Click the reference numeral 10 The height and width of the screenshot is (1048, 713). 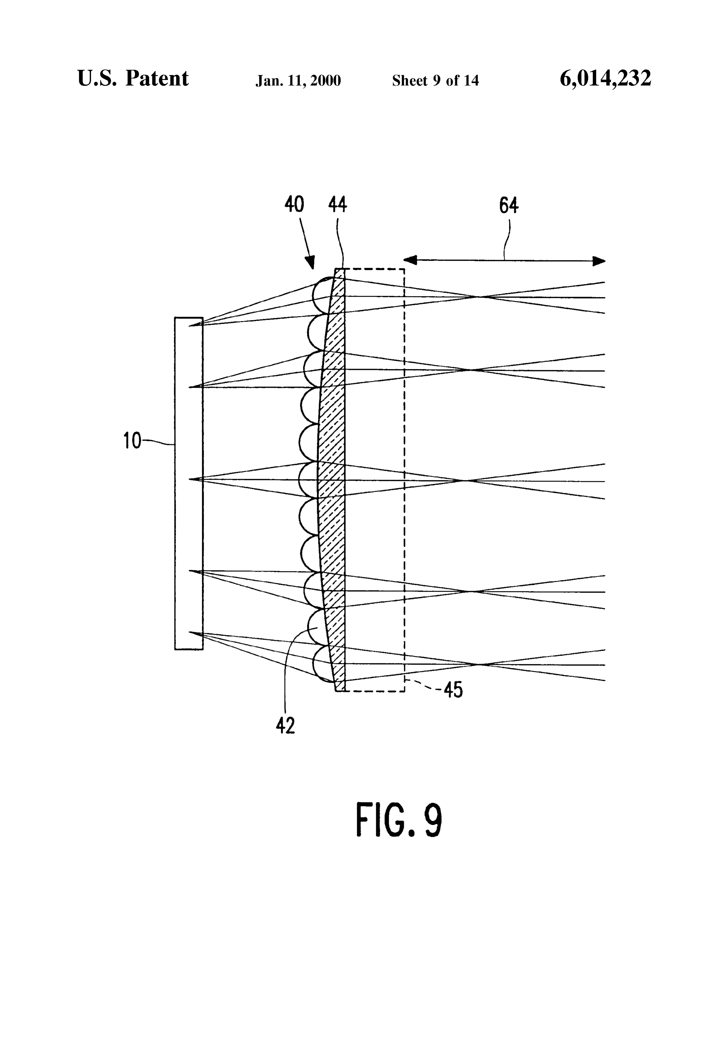pyautogui.click(x=132, y=441)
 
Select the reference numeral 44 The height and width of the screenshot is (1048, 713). pyautogui.click(x=337, y=204)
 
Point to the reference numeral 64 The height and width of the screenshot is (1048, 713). pyautogui.click(x=509, y=206)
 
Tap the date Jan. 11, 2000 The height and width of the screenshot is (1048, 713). pyautogui.click(x=298, y=81)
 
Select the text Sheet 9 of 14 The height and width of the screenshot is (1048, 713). pyautogui.click(x=435, y=80)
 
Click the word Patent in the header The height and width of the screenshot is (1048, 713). pyautogui.click(x=157, y=78)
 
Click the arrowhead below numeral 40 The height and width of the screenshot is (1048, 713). pyautogui.click(x=310, y=262)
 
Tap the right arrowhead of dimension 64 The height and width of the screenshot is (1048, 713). pyautogui.click(x=599, y=261)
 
